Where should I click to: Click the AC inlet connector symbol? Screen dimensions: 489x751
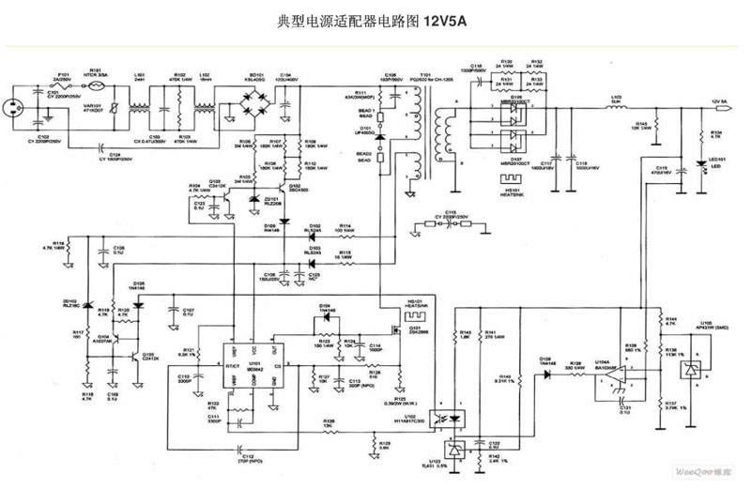point(16,105)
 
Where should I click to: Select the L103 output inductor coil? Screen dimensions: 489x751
point(617,109)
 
